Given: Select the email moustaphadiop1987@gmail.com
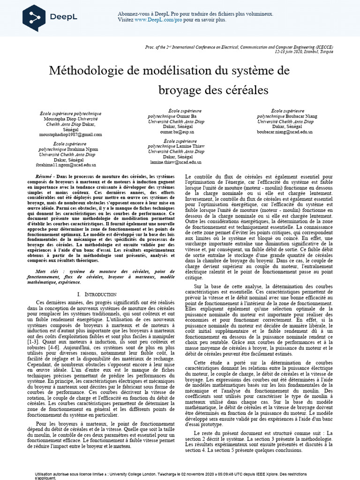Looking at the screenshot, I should coord(70,134).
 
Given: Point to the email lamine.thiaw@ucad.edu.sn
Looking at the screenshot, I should coord(176,162).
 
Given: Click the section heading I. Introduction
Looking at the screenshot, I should coord(96,294).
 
